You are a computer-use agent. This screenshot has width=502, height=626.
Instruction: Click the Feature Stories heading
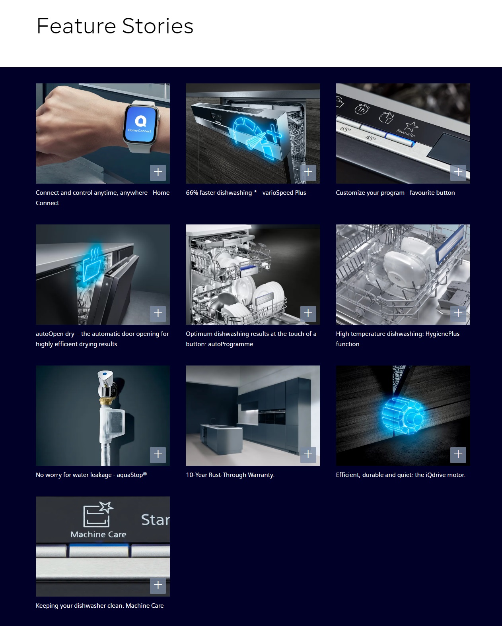[x=115, y=26]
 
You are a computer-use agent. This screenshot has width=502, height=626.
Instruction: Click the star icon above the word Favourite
[x=411, y=126]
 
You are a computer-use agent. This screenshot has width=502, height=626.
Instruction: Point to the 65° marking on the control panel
[x=345, y=129]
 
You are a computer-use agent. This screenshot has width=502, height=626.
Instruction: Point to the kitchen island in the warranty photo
[x=221, y=438]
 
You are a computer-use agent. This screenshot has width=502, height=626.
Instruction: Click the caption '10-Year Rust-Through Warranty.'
[x=230, y=475]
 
